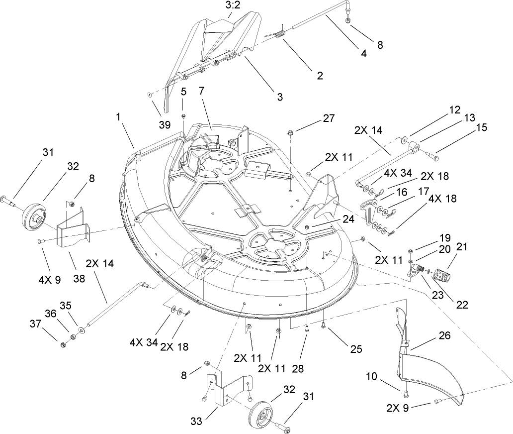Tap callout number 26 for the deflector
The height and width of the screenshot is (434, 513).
444,335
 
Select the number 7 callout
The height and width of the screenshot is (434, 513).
201,91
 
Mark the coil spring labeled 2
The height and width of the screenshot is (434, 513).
280,35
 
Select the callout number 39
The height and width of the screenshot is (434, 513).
164,124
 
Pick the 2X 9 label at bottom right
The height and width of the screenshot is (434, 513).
399,409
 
